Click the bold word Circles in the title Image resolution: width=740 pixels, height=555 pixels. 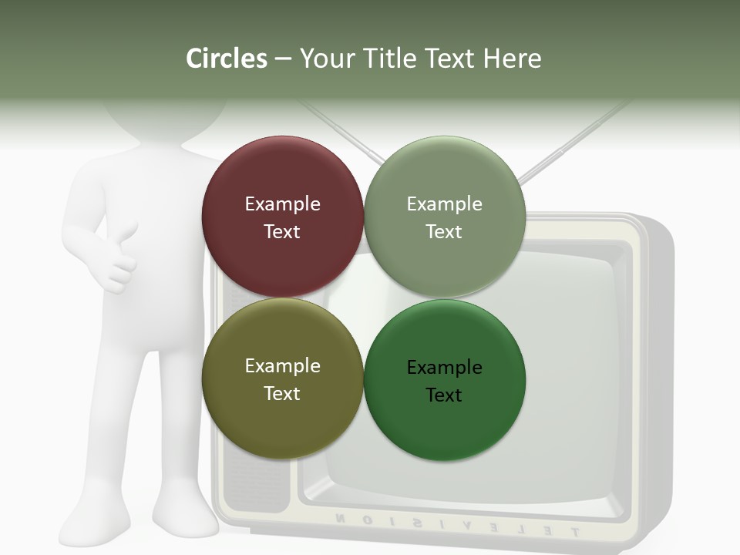(x=227, y=59)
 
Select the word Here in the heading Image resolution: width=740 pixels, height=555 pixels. (x=513, y=59)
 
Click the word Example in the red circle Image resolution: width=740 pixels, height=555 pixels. (x=282, y=204)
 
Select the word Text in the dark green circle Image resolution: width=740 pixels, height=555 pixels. (x=444, y=395)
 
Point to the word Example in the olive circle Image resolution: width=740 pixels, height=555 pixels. (x=282, y=366)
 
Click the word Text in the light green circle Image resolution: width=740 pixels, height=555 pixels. (x=444, y=232)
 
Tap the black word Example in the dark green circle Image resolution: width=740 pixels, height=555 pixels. (x=444, y=368)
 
